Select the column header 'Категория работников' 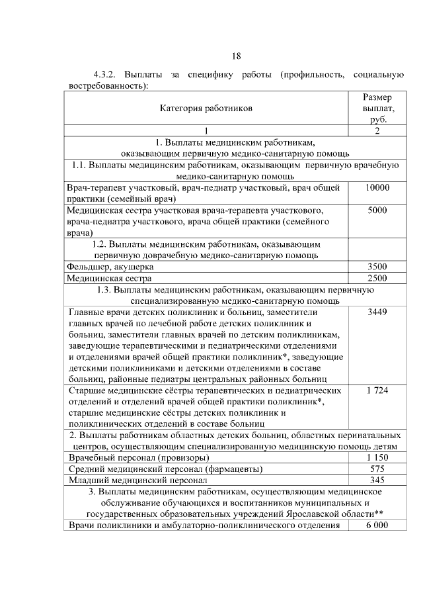[x=206, y=107]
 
